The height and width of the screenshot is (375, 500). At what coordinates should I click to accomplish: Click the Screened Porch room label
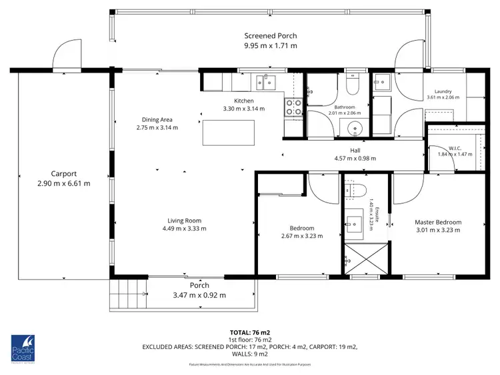click(270, 36)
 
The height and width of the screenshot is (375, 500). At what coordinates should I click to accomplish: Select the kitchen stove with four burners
click(293, 107)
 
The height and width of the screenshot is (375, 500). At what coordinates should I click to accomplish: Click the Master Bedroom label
click(437, 222)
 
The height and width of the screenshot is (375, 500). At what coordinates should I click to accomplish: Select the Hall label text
click(355, 151)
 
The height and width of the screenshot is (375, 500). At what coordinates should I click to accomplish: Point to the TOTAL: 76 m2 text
click(250, 331)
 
